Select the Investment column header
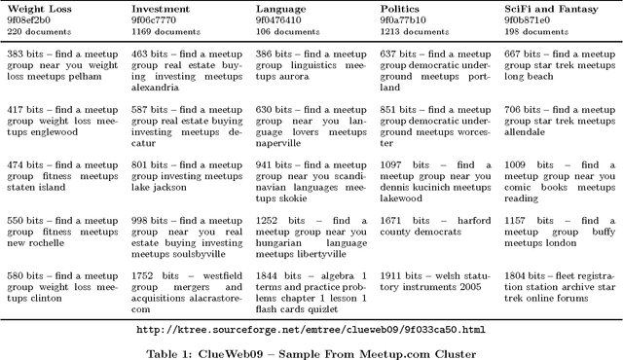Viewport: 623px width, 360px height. point(161,8)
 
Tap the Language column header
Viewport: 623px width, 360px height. point(282,8)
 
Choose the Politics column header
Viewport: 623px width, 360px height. point(400,8)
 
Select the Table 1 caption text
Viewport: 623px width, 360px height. point(311,347)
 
